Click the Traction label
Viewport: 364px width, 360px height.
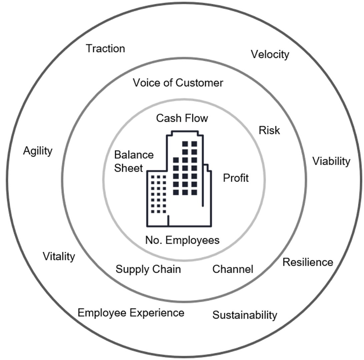(105, 49)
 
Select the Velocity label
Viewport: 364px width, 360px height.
(270, 54)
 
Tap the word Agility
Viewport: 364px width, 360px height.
(38, 151)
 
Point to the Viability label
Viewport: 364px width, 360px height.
(331, 161)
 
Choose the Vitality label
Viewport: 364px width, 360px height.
(59, 257)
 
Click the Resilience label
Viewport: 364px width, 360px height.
(308, 262)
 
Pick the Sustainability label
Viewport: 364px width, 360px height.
(245, 315)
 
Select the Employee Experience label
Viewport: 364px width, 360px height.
(131, 313)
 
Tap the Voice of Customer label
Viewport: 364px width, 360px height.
(178, 83)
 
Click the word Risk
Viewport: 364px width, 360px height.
(269, 130)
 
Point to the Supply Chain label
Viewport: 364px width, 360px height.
(148, 269)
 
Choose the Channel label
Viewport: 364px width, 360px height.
(233, 269)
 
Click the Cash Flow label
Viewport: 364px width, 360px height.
(182, 118)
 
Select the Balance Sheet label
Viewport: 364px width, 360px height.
(134, 161)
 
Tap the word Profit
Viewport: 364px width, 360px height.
(236, 178)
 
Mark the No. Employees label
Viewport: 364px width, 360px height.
(182, 240)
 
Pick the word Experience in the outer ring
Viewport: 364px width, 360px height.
(157, 313)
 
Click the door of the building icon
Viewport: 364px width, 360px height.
(169, 221)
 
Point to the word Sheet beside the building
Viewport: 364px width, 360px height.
(129, 168)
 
